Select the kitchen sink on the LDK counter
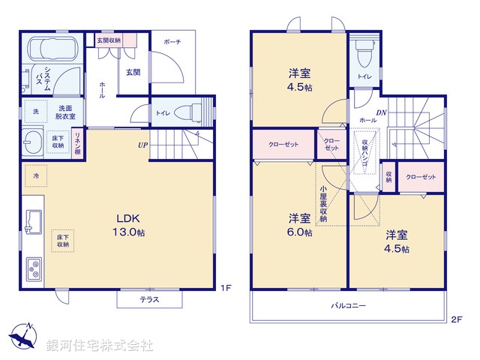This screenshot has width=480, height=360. coord(34,222)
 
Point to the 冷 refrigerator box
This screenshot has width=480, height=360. coord(34,175)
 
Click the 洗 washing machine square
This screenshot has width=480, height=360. coord(34,112)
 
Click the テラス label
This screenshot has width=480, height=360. coord(149,299)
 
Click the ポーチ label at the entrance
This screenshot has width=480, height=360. coord(172,43)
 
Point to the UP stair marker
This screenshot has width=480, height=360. coord(142,145)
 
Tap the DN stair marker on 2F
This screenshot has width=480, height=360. coord(382,112)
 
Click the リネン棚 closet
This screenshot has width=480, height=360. coord(77,142)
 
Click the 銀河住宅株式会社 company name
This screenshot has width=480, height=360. coord(100,346)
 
